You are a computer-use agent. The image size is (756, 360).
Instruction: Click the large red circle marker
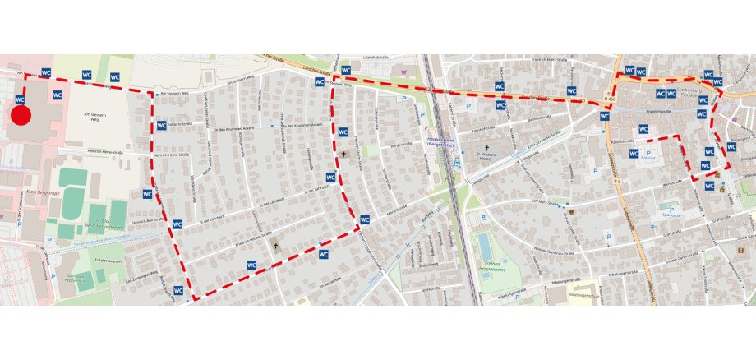coord(21,115)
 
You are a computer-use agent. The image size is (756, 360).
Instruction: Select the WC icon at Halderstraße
coord(160,126)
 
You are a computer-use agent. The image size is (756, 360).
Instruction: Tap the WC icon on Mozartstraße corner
coord(365,219)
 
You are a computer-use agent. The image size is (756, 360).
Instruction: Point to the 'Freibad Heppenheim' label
coord(497,265)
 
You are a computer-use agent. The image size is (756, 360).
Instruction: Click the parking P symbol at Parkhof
coord(648,153)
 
